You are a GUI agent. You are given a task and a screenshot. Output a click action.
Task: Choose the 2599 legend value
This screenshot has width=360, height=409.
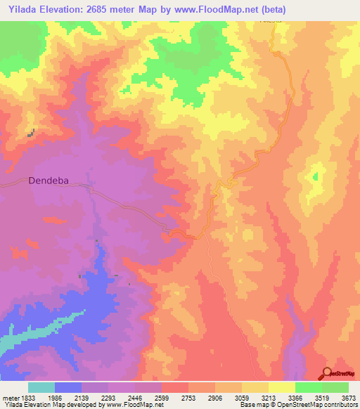(161, 398)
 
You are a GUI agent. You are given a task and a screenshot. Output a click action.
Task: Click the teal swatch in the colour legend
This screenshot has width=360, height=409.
(41, 387)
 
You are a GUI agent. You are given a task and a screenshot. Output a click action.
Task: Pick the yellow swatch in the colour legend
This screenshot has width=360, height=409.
(282, 387)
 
